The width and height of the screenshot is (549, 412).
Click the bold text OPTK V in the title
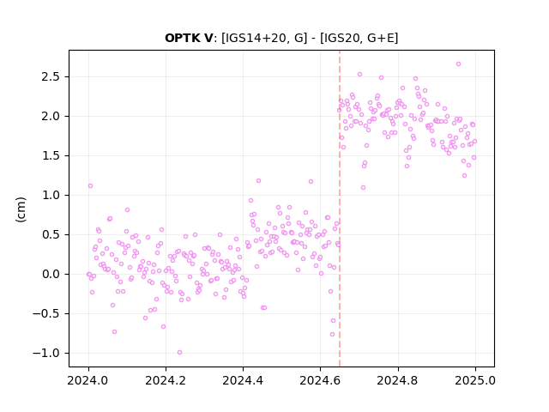(x=189, y=38)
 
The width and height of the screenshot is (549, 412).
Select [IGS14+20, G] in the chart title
(x=264, y=38)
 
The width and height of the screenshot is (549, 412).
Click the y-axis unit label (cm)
(x=21, y=209)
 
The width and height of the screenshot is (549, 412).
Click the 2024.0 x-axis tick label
(x=88, y=380)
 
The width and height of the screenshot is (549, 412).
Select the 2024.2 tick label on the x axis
(x=166, y=380)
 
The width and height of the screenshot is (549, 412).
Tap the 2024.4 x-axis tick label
(x=243, y=380)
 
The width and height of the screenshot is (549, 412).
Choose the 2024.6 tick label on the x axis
(x=320, y=380)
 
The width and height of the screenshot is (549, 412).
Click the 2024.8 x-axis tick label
(x=398, y=380)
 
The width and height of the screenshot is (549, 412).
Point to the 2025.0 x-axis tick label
(x=475, y=380)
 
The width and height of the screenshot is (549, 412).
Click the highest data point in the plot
(x=458, y=64)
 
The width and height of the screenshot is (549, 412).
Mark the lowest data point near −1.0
(x=179, y=353)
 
